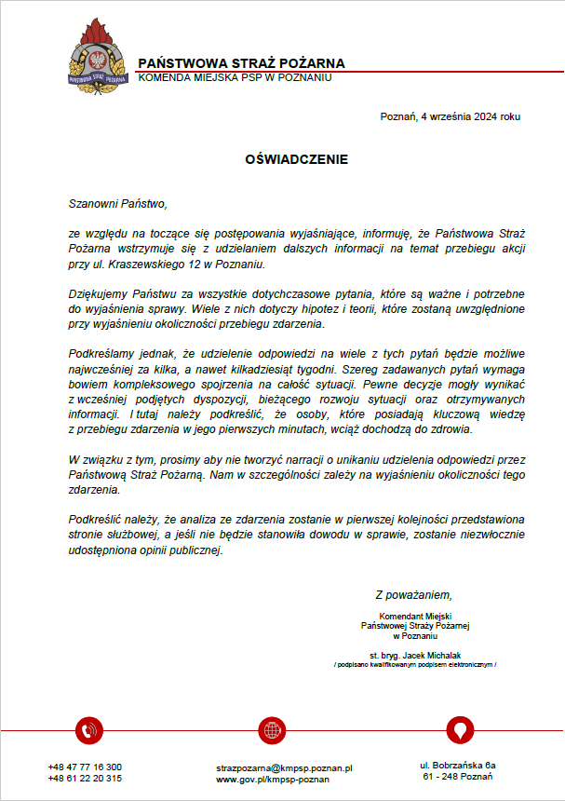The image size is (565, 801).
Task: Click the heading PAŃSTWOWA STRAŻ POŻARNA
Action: [x=241, y=63]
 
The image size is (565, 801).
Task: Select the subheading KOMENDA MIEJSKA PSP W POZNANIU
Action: [x=235, y=77]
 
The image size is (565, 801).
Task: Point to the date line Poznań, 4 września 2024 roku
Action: [x=451, y=117]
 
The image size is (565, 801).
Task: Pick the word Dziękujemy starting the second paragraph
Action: [x=100, y=294]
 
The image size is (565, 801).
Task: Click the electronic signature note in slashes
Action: [x=415, y=665]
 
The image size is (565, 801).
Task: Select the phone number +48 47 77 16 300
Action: [x=85, y=767]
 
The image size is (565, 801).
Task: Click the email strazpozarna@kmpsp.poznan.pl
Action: [x=284, y=768]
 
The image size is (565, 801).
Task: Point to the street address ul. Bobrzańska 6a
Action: [x=457, y=765]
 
